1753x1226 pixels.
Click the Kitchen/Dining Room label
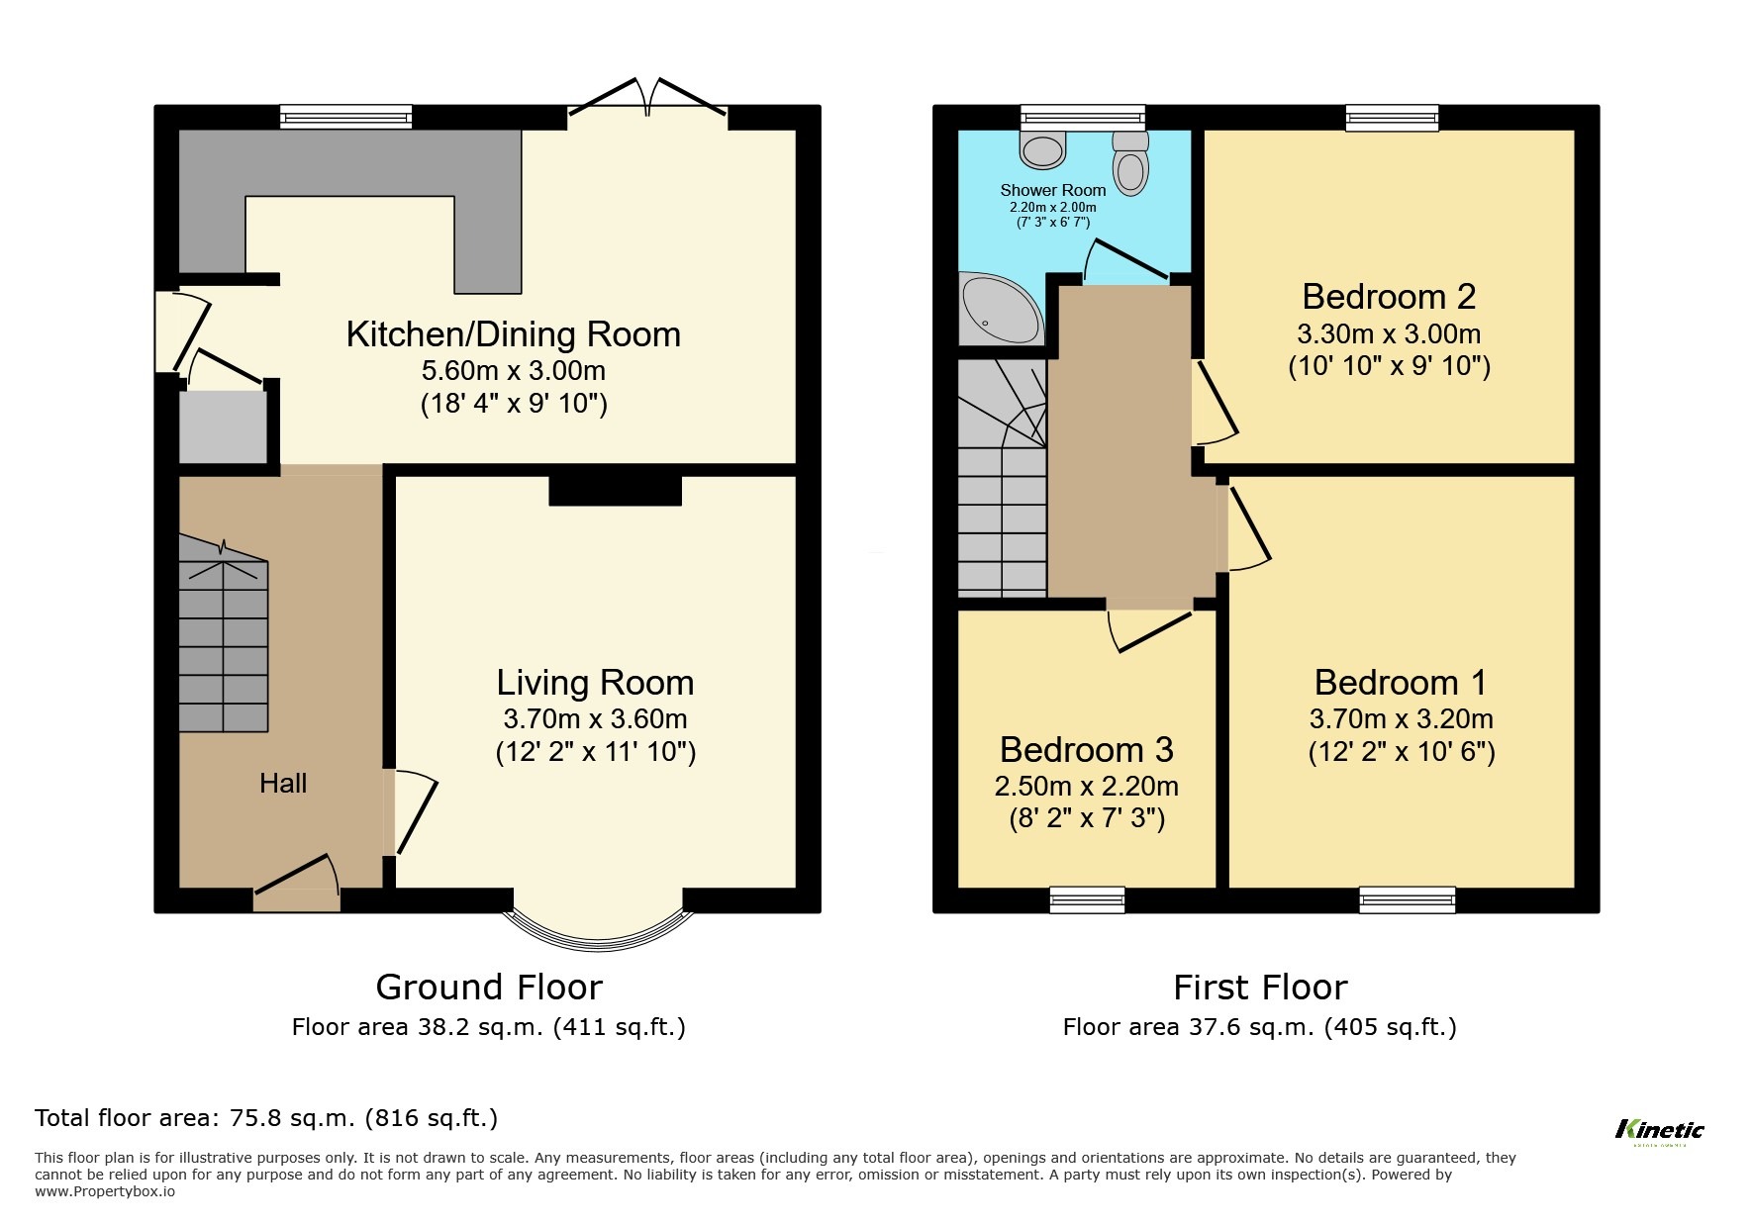(x=513, y=334)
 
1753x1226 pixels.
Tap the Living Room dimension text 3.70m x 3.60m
(x=595, y=719)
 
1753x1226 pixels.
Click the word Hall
(x=283, y=784)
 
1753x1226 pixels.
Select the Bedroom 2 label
(x=1388, y=297)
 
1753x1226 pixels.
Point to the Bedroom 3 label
(x=1086, y=750)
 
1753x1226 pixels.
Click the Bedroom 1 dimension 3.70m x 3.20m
(x=1401, y=719)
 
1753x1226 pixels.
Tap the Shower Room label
(x=1052, y=190)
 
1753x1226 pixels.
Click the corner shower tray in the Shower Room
(x=998, y=309)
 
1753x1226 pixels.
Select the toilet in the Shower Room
(x=1130, y=164)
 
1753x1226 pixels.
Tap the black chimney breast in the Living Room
(x=615, y=491)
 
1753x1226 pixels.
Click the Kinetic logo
(x=1659, y=1131)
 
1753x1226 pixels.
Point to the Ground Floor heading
(x=488, y=988)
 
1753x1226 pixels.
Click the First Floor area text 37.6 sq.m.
(x=1259, y=1027)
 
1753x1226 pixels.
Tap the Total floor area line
(x=266, y=1118)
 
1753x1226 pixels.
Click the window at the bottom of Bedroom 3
(x=1087, y=899)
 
